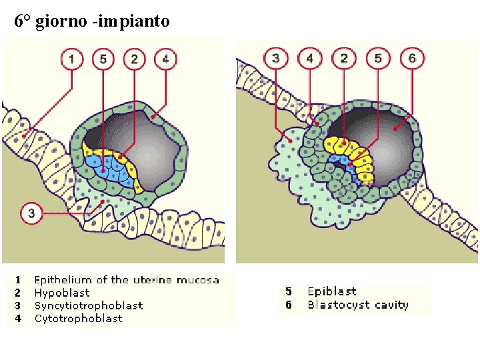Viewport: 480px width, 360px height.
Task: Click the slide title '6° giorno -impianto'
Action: [x=92, y=22]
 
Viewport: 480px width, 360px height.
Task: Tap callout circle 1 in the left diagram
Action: [x=71, y=59]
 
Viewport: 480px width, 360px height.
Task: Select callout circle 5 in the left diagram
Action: [x=103, y=59]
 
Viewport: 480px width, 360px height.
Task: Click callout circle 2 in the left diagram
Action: [x=134, y=59]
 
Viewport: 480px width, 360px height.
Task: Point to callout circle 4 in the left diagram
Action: [x=165, y=59]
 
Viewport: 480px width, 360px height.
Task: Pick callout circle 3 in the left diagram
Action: [x=32, y=214]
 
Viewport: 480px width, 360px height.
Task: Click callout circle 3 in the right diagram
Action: [x=275, y=59]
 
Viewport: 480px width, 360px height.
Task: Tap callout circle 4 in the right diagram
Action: [x=309, y=59]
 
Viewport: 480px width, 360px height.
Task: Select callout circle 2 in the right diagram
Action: [x=344, y=59]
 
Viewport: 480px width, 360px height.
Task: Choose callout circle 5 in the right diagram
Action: [x=378, y=59]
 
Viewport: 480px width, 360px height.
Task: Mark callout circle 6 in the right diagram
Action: [x=412, y=59]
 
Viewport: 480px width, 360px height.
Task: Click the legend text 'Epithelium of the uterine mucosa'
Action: [x=127, y=280]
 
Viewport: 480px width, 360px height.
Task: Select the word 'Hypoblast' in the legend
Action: [x=62, y=293]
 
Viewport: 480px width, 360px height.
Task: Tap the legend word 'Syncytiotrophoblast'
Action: [x=89, y=305]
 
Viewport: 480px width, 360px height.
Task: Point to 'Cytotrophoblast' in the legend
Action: [x=79, y=318]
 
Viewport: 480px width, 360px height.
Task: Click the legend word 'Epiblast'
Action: [x=332, y=291]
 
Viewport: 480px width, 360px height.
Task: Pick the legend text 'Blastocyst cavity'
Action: [x=358, y=305]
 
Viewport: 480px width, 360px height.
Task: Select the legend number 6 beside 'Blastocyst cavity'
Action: [x=289, y=305]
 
